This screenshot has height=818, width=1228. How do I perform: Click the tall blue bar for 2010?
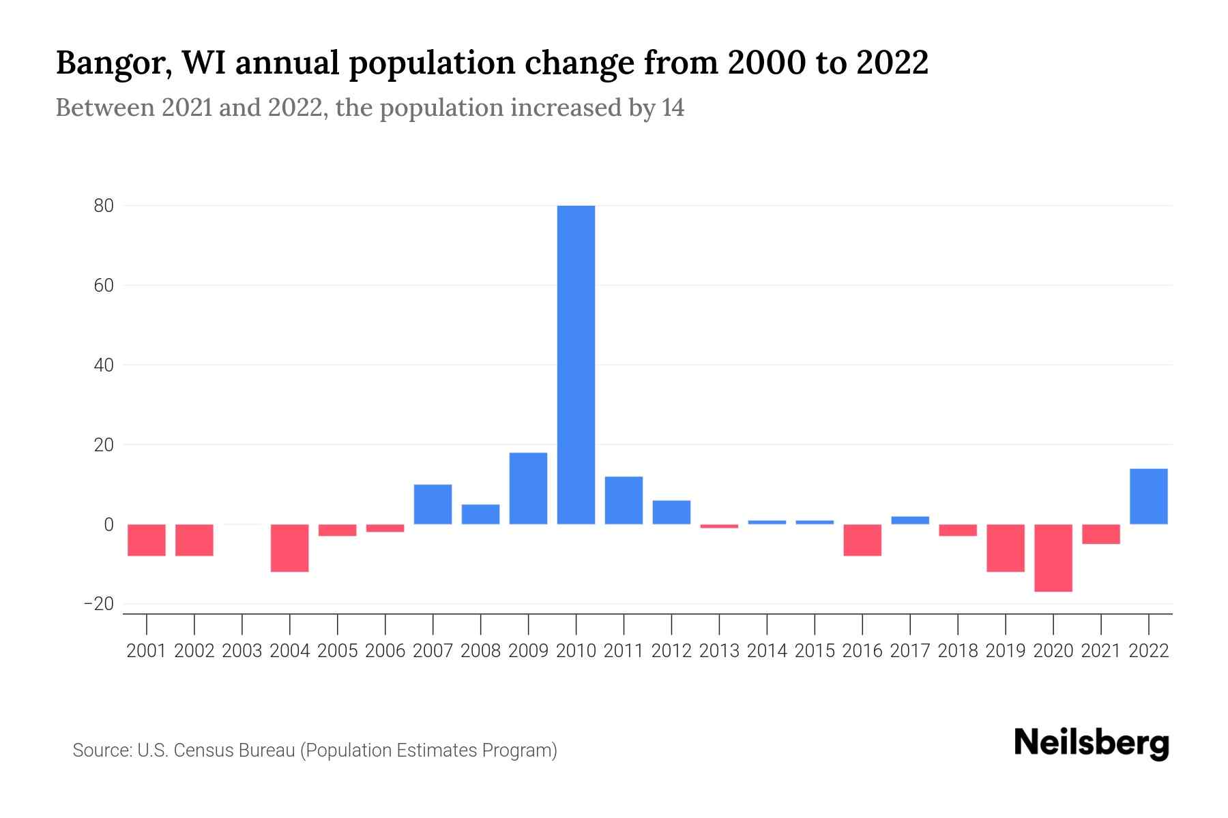point(576,365)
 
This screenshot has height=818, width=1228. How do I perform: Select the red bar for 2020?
point(1053,558)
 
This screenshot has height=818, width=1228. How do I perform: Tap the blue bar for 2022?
point(1149,496)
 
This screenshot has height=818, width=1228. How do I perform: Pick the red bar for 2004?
point(290,547)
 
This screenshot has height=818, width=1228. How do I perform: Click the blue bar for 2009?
point(528,488)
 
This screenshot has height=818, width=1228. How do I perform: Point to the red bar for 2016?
point(862,540)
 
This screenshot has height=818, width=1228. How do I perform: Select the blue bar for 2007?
point(433,504)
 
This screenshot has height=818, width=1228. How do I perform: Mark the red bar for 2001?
point(147,540)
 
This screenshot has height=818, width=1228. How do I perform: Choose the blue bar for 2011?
point(624,500)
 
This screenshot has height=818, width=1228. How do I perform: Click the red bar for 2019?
point(1006,547)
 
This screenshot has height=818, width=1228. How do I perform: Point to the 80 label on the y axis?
point(104,206)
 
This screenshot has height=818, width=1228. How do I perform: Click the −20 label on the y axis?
point(98,604)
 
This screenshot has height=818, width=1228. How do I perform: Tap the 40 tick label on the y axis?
point(104,365)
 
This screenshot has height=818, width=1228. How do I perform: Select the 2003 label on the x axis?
point(242,651)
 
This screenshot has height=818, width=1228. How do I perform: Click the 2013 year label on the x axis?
point(719,651)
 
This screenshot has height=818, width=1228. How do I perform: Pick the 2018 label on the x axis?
point(958,651)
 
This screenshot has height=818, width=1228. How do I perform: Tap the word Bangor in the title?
point(113,63)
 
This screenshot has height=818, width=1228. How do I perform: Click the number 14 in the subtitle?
point(672,108)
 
